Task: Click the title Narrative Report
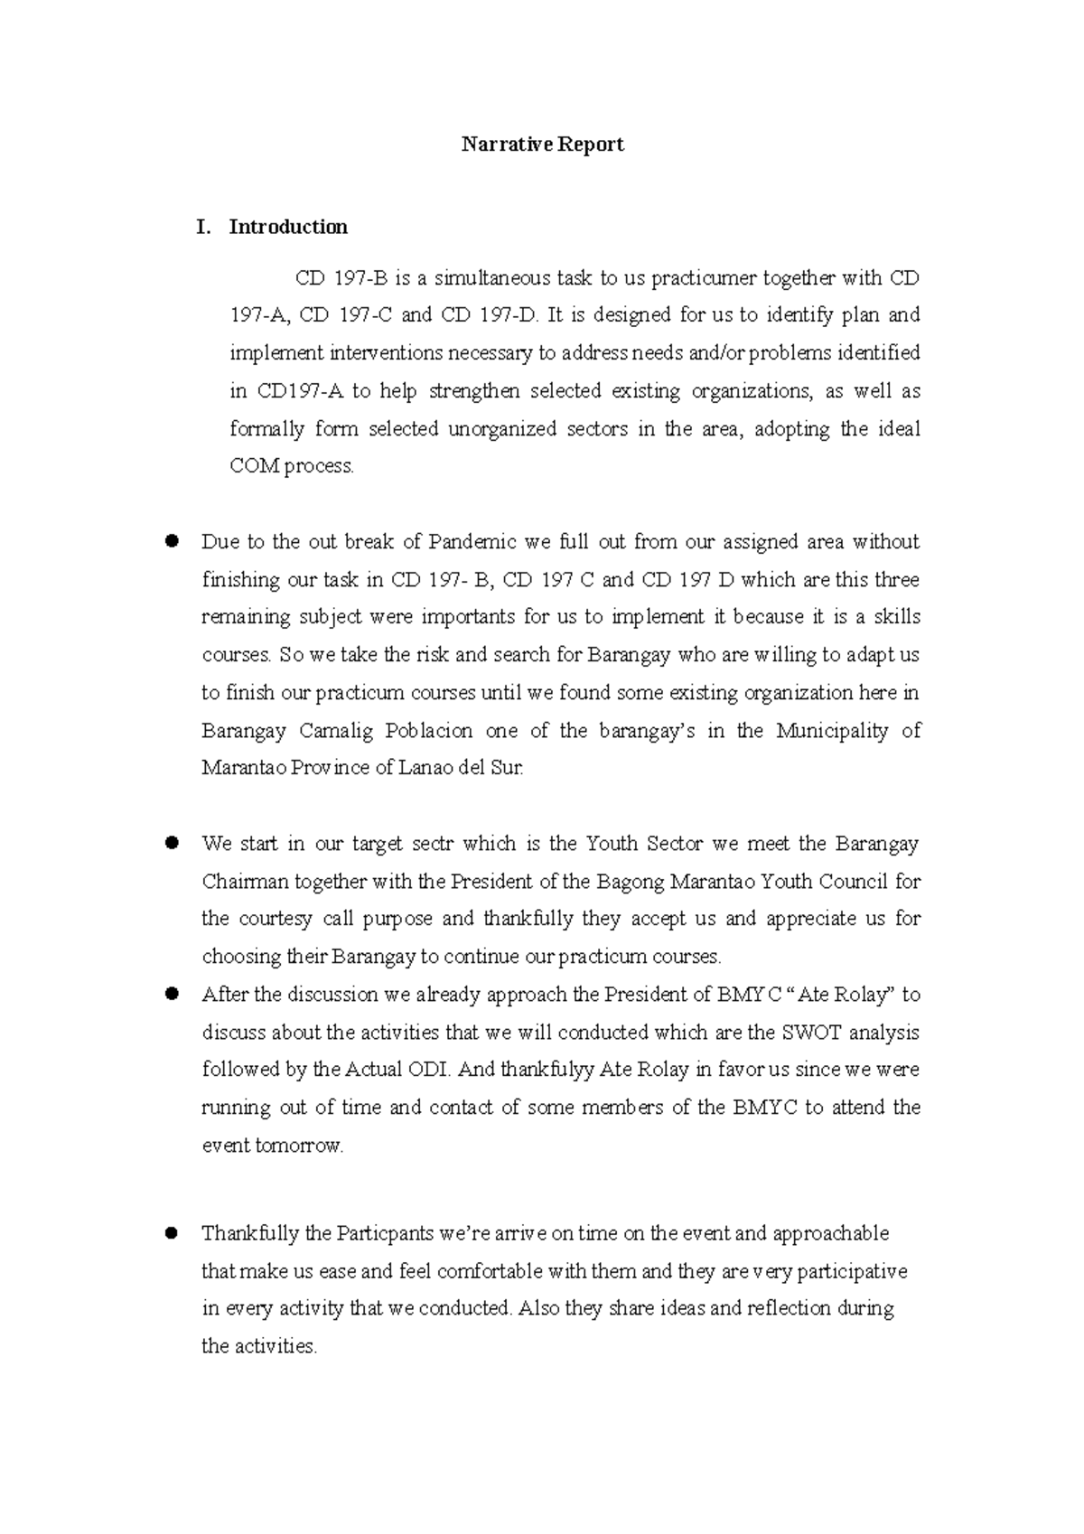click(x=542, y=145)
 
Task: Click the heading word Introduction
click(x=288, y=227)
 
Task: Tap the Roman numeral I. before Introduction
click(x=204, y=227)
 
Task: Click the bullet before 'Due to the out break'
click(x=169, y=542)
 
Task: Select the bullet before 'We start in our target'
click(x=169, y=844)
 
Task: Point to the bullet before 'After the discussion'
click(x=169, y=995)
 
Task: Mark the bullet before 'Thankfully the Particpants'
click(x=169, y=1234)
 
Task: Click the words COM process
click(x=292, y=467)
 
